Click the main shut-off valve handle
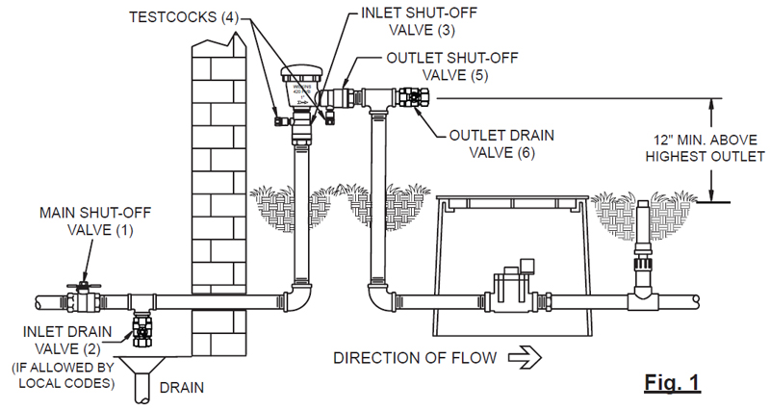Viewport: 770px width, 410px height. point(84,286)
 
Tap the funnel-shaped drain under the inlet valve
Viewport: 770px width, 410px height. point(142,371)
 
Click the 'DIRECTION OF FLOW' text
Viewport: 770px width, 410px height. point(415,358)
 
